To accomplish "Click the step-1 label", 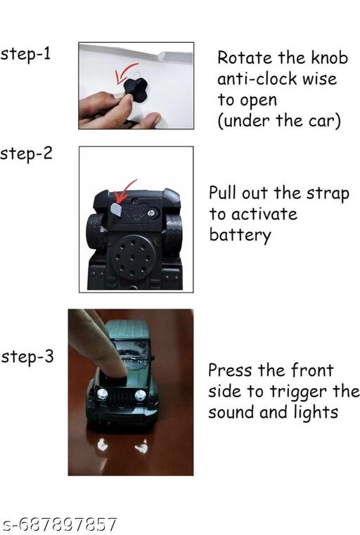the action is click(25, 55).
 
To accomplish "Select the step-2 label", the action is click(26, 154).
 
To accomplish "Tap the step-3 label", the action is click(27, 357).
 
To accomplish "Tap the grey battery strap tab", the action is click(116, 210).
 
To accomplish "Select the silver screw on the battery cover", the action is click(151, 214).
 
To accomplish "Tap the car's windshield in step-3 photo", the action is click(132, 349).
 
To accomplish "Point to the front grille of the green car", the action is click(121, 396).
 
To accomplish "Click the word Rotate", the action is click(245, 58).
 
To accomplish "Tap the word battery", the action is click(240, 236).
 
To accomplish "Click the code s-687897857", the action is click(59, 524).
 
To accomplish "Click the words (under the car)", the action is click(279, 121).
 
